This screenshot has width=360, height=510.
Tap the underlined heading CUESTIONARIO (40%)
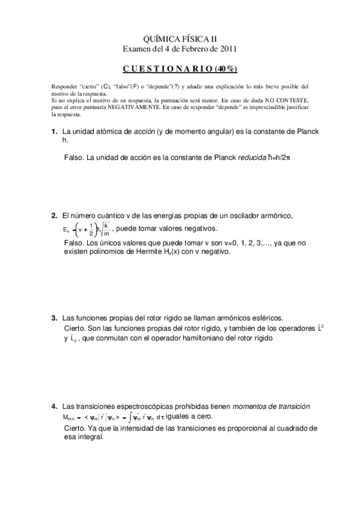[180, 68]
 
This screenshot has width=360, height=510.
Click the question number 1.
[53, 132]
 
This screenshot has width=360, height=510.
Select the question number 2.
[53, 215]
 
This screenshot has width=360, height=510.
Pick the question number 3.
[53, 318]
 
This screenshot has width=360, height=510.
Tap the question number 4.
[53, 407]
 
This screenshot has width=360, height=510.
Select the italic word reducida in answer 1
[237, 158]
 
